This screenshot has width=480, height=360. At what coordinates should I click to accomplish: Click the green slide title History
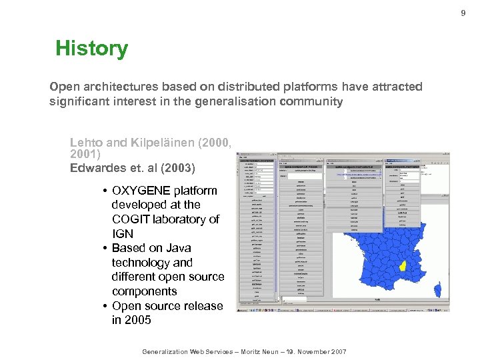91,48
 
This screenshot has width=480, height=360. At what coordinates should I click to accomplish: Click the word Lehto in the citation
86,143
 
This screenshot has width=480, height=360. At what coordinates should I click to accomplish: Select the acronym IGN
123,234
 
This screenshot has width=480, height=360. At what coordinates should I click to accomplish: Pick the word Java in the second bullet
179,248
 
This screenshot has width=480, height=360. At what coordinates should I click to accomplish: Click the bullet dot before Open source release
106,306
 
